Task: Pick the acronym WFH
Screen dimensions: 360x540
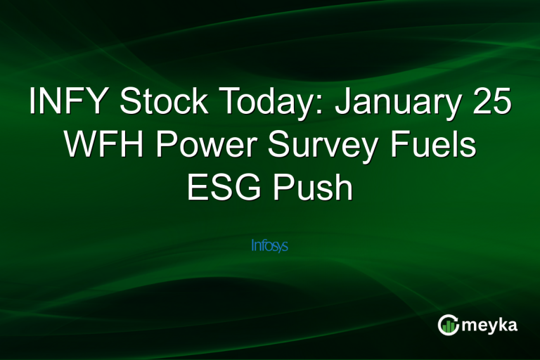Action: [x=103, y=147]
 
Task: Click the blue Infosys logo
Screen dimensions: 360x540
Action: [x=270, y=246]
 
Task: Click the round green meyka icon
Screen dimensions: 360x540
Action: [x=449, y=325]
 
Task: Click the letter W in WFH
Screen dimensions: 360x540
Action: [x=79, y=147]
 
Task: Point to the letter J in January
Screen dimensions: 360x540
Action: [x=345, y=104]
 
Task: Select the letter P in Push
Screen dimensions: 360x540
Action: [x=283, y=189]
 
